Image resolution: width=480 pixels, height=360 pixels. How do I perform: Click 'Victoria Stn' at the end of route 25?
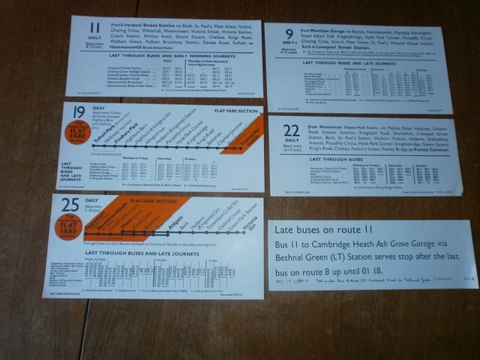tap(250, 223)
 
